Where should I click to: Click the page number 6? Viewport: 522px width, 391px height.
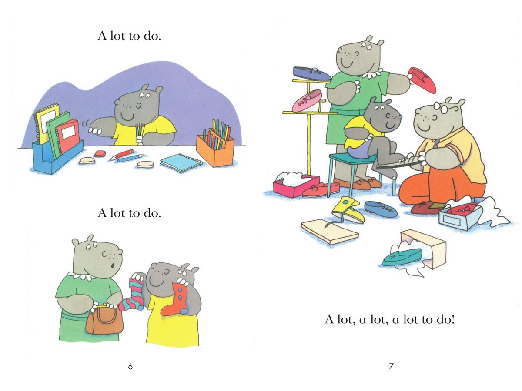130,367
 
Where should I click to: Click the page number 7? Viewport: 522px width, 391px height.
391,367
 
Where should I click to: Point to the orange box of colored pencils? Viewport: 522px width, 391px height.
215,147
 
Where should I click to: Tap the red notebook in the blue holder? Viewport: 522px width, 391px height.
68,136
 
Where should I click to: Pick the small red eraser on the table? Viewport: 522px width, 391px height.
100,154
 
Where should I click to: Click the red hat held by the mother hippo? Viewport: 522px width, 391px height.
422,80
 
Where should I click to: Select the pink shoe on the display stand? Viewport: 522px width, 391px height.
307,101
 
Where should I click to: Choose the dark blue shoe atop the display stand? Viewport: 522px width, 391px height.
312,73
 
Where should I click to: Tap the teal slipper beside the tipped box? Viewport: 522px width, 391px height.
402,257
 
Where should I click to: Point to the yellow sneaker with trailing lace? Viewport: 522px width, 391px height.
347,209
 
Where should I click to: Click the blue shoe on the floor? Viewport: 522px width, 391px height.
381,209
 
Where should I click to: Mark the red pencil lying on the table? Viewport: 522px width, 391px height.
122,154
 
